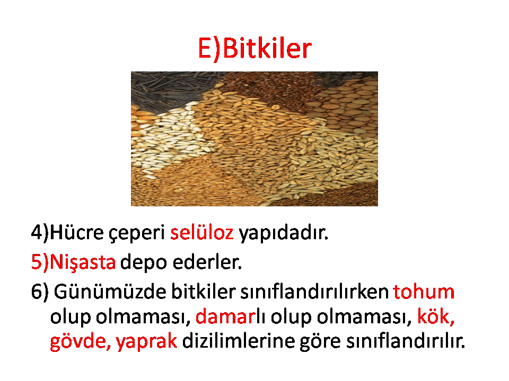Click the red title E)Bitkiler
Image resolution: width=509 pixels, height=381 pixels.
[254, 48]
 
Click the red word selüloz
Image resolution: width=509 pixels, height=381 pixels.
[201, 232]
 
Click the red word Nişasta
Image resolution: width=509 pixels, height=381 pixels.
[83, 262]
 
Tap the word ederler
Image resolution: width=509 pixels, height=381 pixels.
[207, 261]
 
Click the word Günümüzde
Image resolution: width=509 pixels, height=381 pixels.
[110, 291]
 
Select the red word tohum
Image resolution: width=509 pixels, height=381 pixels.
[424, 291]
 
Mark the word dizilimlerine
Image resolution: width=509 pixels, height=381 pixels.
[238, 341]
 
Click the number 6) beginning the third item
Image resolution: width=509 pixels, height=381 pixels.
[40, 292]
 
